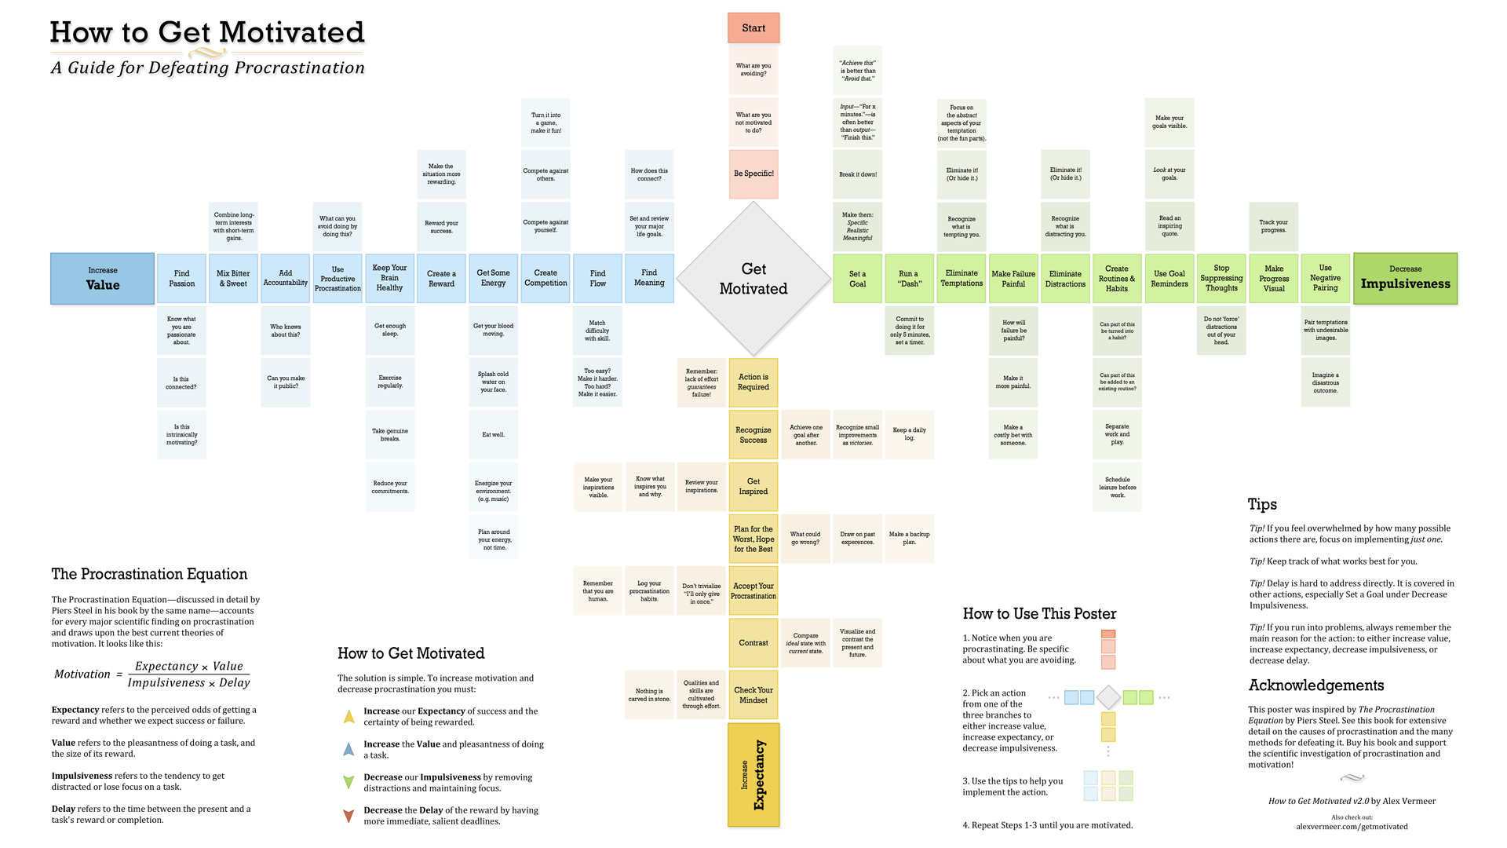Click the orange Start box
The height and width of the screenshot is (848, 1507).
753,28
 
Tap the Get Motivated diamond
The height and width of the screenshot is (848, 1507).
753,279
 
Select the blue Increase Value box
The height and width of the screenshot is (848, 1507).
102,279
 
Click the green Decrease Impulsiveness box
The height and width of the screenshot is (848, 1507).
1405,279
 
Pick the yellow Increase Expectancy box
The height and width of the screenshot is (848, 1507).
753,775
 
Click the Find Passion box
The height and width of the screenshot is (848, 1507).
181,279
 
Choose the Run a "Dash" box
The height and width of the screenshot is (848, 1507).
910,279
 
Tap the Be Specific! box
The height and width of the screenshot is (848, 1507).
753,174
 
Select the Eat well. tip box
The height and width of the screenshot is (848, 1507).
493,434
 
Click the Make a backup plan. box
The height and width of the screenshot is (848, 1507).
909,538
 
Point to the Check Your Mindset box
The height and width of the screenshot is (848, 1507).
753,695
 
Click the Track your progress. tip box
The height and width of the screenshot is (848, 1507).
1273,226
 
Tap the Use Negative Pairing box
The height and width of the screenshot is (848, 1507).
1325,279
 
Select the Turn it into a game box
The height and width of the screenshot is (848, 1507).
546,122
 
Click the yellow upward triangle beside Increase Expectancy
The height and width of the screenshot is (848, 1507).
348,717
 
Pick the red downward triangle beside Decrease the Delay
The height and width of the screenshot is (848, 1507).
348,817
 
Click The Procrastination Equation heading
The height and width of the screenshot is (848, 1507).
149,574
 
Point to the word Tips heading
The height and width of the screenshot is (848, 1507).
1262,504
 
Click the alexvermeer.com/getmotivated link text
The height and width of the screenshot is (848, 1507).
1352,827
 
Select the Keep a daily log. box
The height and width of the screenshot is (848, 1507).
909,434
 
